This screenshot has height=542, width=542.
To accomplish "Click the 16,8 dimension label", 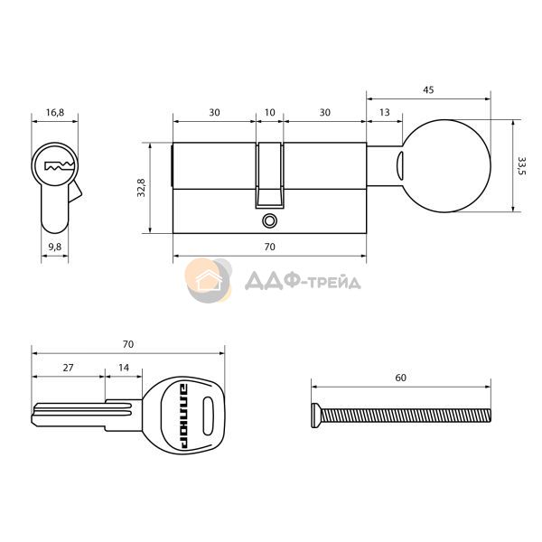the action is coord(55,112).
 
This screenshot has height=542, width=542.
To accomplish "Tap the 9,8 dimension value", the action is coord(55,247).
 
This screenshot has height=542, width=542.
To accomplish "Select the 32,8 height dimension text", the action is coord(142,188).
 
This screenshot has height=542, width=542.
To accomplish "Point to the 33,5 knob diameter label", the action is coord(521,166).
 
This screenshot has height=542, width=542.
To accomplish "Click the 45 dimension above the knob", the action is coord(428,89).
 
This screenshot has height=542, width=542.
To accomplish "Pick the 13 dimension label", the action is coord(385,112).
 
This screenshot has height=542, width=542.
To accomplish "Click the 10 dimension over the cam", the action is coord(269,112).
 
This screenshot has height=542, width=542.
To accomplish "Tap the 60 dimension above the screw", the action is coord(400,378).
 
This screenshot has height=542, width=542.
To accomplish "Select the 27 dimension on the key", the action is coord(68,368).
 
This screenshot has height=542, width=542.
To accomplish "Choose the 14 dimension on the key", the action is coord(124,368).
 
